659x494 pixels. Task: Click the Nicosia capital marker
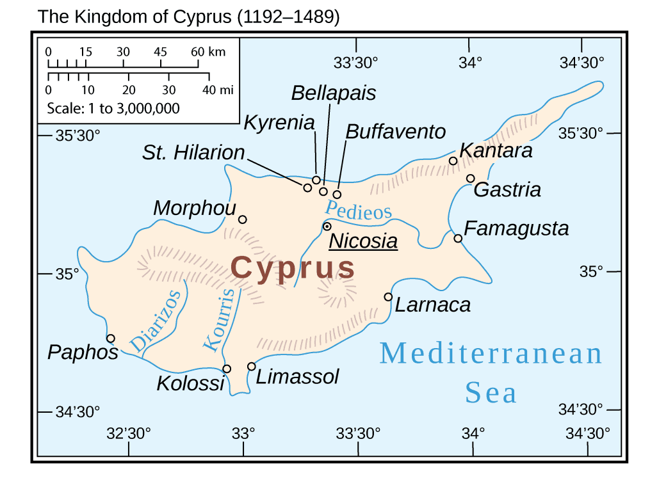[x=327, y=227]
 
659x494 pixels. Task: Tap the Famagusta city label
[x=516, y=228]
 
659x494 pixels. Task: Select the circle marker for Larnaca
[x=388, y=297]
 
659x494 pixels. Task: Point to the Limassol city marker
[x=251, y=367]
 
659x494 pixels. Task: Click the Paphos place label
[x=83, y=353]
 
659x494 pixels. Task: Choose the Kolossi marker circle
[x=227, y=369]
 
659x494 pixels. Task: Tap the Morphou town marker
[x=242, y=219]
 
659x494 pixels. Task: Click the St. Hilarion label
[x=193, y=153]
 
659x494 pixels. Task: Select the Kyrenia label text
[x=279, y=123]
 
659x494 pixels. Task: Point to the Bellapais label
[x=334, y=93]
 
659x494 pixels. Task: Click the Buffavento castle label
[x=395, y=132]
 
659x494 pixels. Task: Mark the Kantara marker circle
[x=453, y=161]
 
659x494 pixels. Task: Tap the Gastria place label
[x=507, y=190]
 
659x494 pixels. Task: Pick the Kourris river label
[x=219, y=319]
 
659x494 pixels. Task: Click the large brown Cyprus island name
[x=293, y=267]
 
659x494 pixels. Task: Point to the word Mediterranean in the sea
[x=491, y=354]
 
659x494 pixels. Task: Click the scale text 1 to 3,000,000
[x=113, y=108]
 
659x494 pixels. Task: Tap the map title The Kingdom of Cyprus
[x=188, y=17]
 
